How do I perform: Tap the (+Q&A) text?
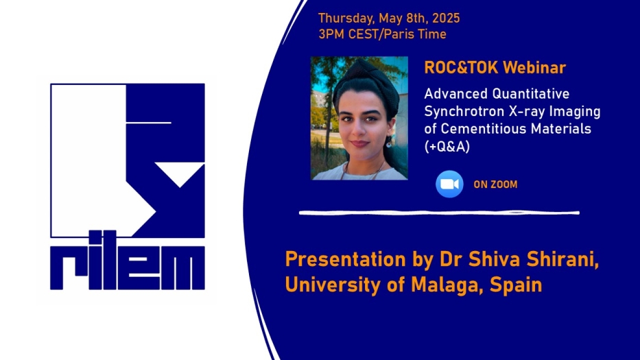[x=447, y=147]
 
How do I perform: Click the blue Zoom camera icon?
[x=449, y=184]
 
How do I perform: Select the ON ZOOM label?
[x=495, y=184]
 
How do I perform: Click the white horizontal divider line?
[x=439, y=213]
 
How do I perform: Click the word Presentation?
[x=345, y=260]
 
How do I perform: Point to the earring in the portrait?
[x=389, y=143]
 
